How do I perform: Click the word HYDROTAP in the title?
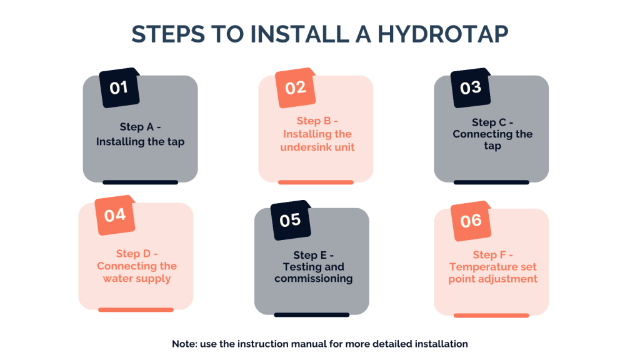click(443, 34)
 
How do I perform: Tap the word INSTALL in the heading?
click(299, 34)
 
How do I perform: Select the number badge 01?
click(119, 87)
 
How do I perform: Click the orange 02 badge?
click(295, 87)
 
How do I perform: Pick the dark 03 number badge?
click(471, 87)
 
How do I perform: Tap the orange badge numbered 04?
click(115, 215)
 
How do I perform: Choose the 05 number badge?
click(291, 220)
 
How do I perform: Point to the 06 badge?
click(471, 221)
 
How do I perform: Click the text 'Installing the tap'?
click(141, 142)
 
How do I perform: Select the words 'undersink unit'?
click(317, 147)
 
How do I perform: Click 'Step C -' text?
click(492, 122)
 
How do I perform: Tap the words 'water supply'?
click(137, 279)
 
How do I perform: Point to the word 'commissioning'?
click(314, 278)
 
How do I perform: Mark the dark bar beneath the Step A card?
click(141, 182)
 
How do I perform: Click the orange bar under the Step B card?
click(316, 182)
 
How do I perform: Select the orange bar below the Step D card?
click(136, 310)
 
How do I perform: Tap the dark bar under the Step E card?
click(312, 315)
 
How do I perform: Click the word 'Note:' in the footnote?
click(184, 344)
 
